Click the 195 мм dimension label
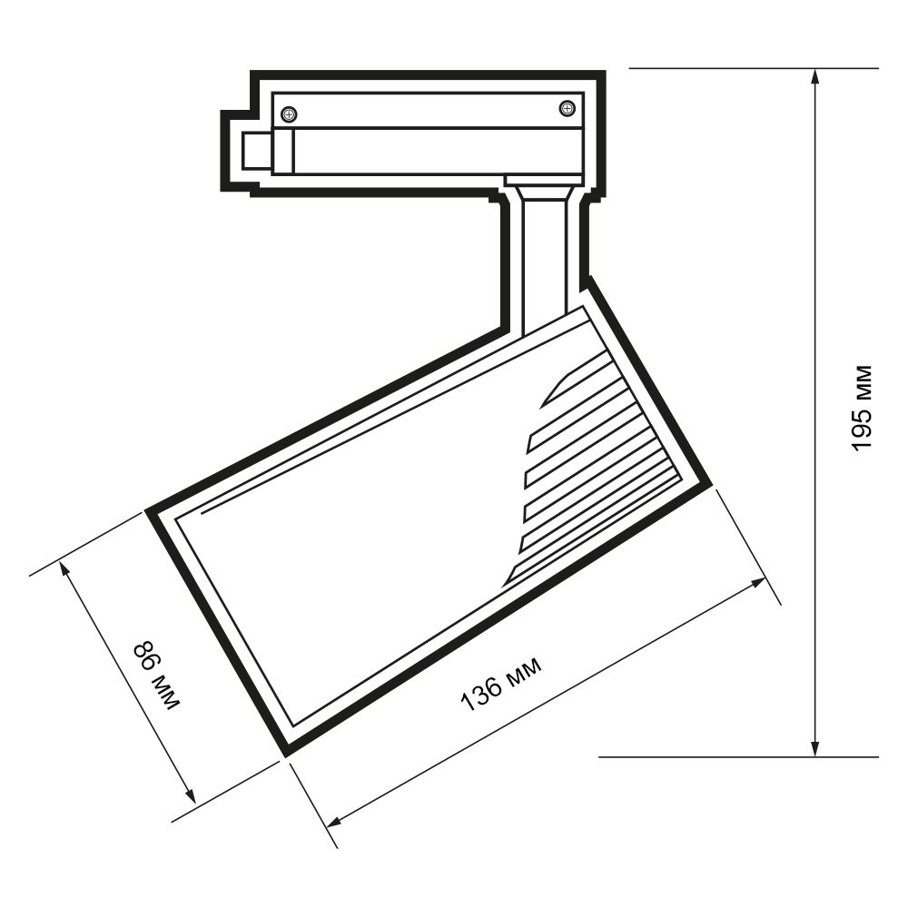[862, 408]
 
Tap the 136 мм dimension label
[501, 684]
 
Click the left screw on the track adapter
[289, 114]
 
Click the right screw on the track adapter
[567, 108]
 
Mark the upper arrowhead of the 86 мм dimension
[65, 570]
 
